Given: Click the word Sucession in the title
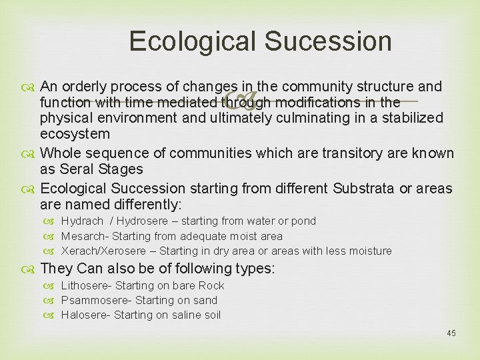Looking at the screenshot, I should (x=328, y=41).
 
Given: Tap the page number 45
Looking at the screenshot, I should (x=451, y=333).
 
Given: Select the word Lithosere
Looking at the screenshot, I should (x=86, y=286).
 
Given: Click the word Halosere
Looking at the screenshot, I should (x=84, y=315).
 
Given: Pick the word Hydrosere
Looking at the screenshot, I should (x=143, y=221).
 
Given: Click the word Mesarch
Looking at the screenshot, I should (x=83, y=236).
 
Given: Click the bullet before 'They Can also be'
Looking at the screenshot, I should (x=31, y=269).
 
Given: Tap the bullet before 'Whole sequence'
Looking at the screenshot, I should (x=31, y=154).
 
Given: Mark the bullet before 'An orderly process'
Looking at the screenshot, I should (x=31, y=87).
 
